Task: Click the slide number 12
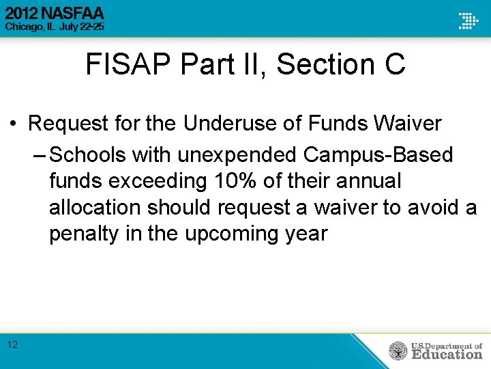(x=13, y=344)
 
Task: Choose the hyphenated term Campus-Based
(x=378, y=154)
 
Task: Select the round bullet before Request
(x=13, y=124)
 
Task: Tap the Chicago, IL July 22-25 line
(x=55, y=27)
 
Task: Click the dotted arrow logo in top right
(x=468, y=20)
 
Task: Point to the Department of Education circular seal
(x=398, y=351)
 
